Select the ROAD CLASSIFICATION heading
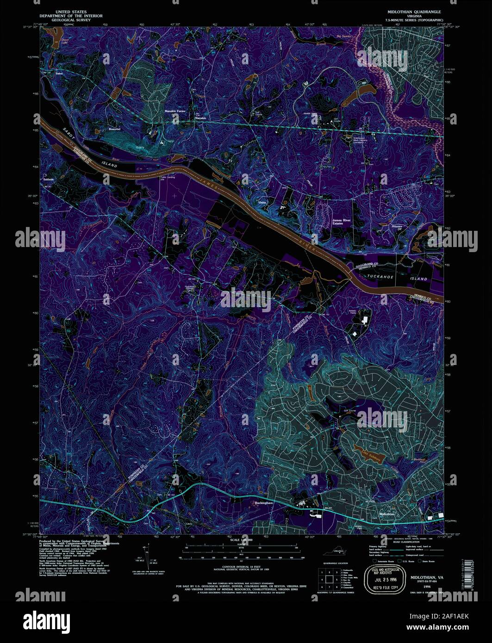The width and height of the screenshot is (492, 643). (406, 539)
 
